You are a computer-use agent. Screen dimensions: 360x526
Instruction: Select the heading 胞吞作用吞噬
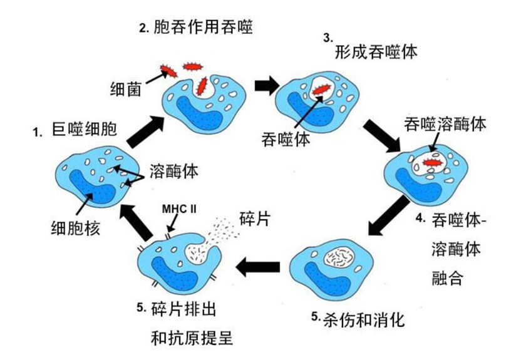click(x=206, y=28)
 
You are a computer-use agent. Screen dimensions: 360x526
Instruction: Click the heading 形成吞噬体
click(x=374, y=51)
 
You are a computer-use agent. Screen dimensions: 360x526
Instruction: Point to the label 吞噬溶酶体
click(x=445, y=124)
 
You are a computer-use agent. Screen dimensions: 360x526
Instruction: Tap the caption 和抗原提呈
click(x=192, y=338)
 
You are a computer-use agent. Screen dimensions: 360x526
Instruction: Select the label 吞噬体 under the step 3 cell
click(x=286, y=140)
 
